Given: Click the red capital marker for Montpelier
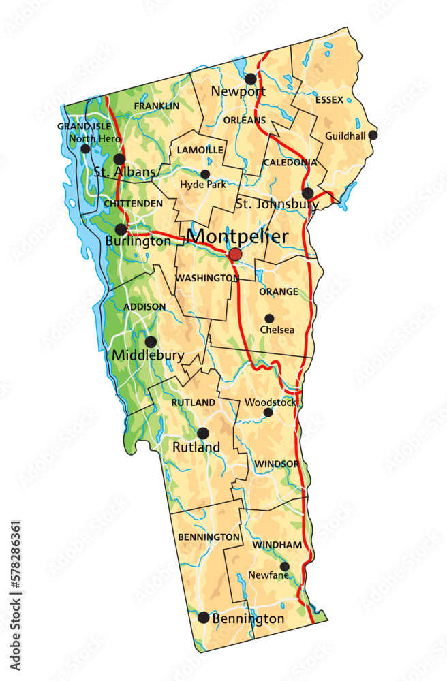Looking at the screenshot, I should coord(235,255).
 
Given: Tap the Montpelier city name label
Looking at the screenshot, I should coord(237,236).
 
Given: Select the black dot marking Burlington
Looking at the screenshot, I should coord(121,229).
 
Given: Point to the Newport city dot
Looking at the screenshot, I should coord(251,79).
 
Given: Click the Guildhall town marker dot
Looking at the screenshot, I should coord(373,135).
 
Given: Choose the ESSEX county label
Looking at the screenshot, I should coord(329,100).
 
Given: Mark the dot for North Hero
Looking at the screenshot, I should coord(85,149).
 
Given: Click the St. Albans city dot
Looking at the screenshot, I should coord(119,159).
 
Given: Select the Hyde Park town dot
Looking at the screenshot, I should coord(205,174).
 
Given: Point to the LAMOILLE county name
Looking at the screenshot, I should coord(200,149).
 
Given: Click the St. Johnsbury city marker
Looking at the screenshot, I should coord(308,193).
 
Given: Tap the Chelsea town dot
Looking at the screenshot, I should coord(269,319).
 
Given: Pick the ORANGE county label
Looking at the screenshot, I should coord(278,291).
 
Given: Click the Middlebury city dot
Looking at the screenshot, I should coord(151,342).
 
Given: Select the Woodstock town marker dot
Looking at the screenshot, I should coord(268,413).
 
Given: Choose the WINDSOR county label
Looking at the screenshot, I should coord(277,464).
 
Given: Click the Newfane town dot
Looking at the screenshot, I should coord(284,567).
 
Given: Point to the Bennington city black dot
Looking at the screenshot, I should coord(203,618).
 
